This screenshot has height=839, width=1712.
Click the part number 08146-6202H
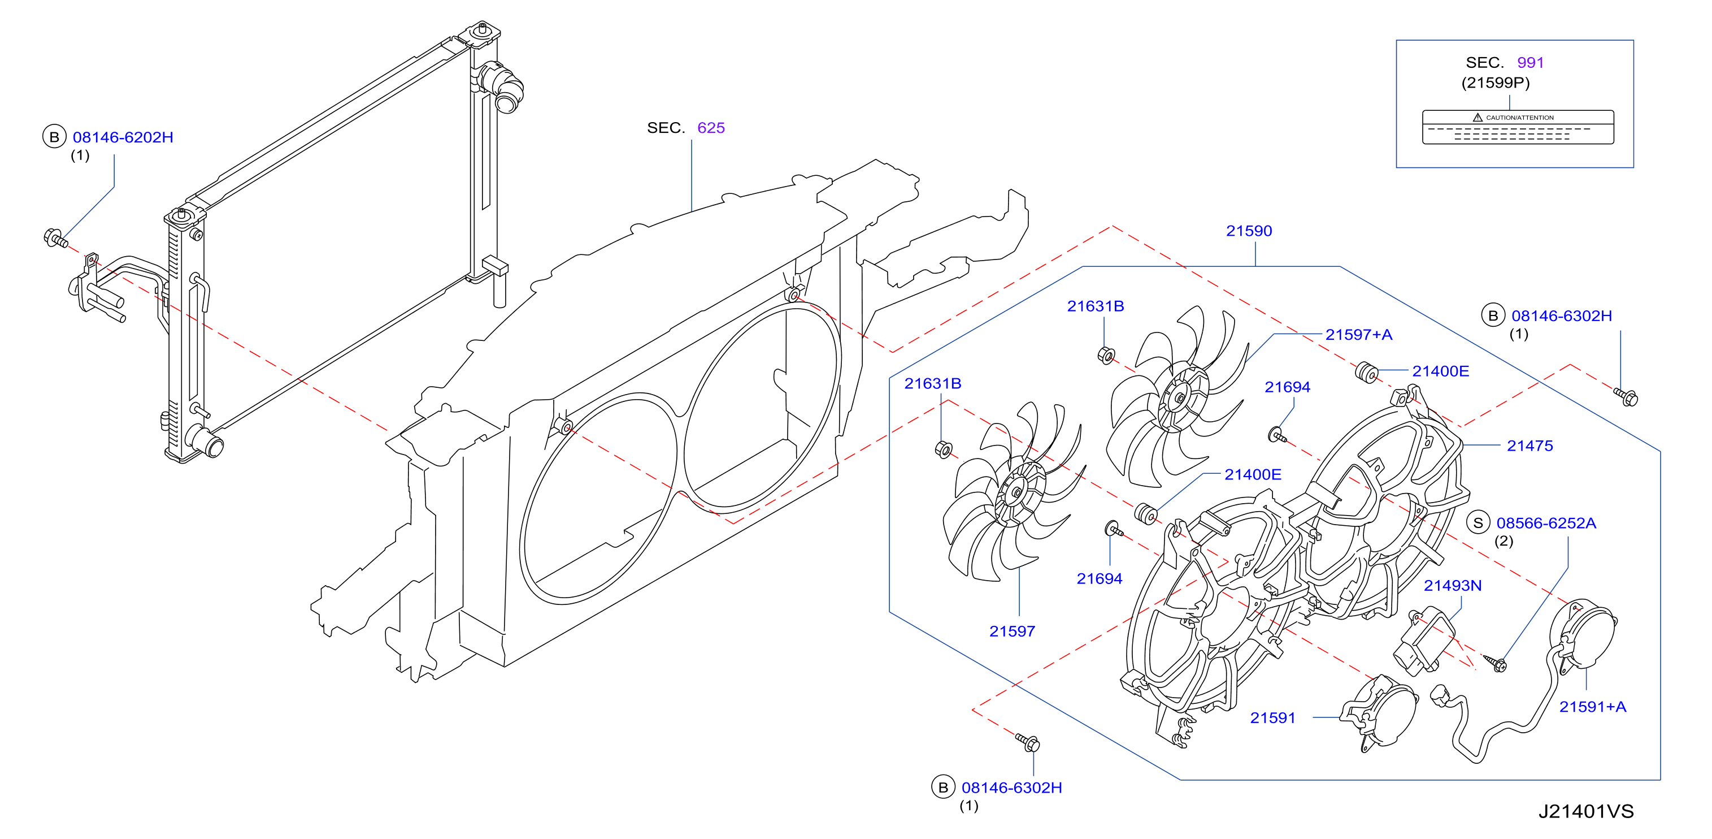coord(123,137)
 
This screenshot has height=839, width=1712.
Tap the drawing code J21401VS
coord(1586,812)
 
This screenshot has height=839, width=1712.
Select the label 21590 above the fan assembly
coord(1249,231)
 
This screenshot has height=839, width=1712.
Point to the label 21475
coord(1529,446)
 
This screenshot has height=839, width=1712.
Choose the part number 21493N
coord(1452,586)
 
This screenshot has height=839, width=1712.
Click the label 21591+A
coord(1592,707)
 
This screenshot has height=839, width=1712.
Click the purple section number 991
coord(1530,63)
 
